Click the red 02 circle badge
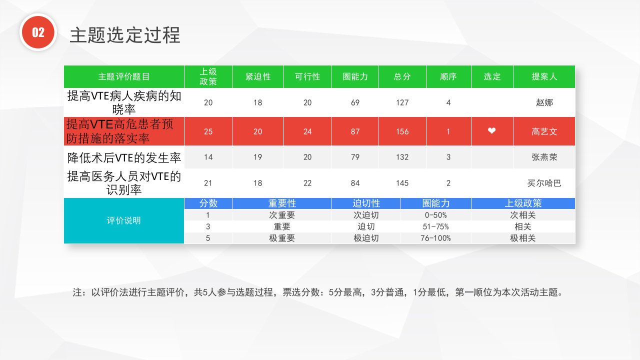tap(38, 32)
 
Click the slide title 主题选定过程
tap(125, 35)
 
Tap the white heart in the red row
tap(491, 130)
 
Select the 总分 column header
tap(402, 76)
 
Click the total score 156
tap(402, 131)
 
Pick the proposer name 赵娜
tap(544, 102)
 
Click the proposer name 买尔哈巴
tap(544, 183)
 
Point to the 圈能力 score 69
tap(355, 102)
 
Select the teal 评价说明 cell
tap(123, 220)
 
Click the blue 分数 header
tap(208, 203)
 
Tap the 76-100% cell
tap(435, 238)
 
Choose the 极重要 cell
tap(282, 238)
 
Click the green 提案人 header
tap(544, 76)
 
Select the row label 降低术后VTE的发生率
tap(124, 157)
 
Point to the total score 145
tap(402, 183)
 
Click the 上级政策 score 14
tap(208, 157)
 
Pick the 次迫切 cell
tap(366, 215)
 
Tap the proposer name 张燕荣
tap(544, 157)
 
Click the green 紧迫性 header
tap(257, 76)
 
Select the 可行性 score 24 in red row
tap(307, 131)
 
